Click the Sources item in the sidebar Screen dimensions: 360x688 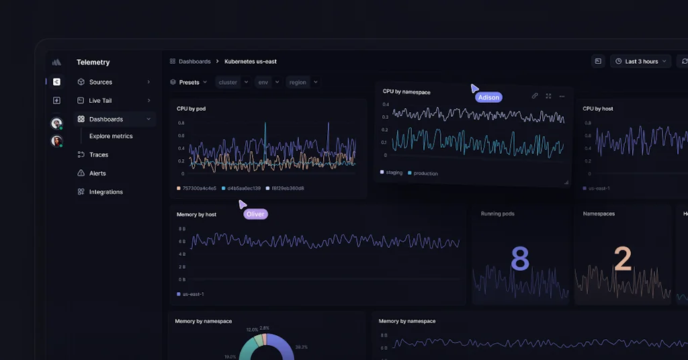(100, 82)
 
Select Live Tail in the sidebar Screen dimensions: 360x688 (99, 101)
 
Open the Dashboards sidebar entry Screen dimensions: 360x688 (105, 120)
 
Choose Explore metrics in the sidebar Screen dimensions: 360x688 (111, 136)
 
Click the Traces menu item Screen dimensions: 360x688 (98, 155)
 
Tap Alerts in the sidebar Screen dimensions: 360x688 (97, 173)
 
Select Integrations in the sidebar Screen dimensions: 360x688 (105, 192)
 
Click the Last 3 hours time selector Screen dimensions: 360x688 (641, 62)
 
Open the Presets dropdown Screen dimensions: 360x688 (189, 83)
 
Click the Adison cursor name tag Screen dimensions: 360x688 (488, 97)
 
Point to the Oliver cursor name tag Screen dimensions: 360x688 (255, 214)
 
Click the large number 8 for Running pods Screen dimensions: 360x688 (520, 259)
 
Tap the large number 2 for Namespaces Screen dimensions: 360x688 (623, 259)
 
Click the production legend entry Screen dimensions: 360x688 (425, 173)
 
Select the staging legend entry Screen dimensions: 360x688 (394, 173)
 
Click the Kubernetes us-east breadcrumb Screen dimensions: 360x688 (251, 62)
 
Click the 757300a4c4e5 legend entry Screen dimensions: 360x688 (199, 189)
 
